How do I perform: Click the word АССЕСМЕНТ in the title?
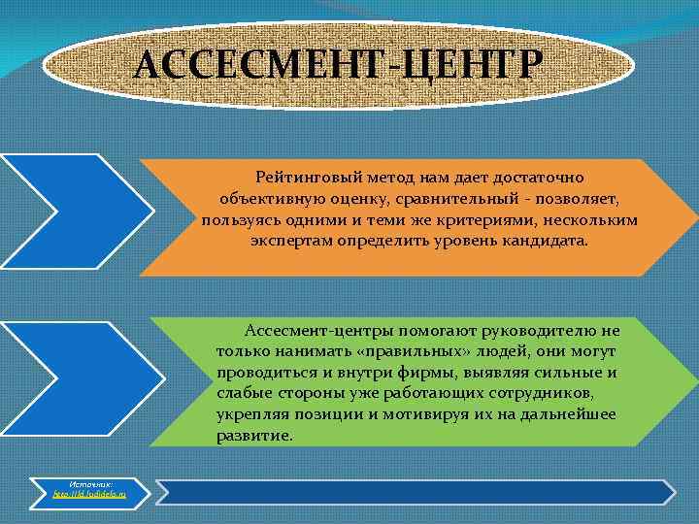tap(262, 66)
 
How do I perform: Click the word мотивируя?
tap(452, 414)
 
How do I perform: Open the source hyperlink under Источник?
tap(90, 495)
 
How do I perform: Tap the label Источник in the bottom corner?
tap(90, 483)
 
